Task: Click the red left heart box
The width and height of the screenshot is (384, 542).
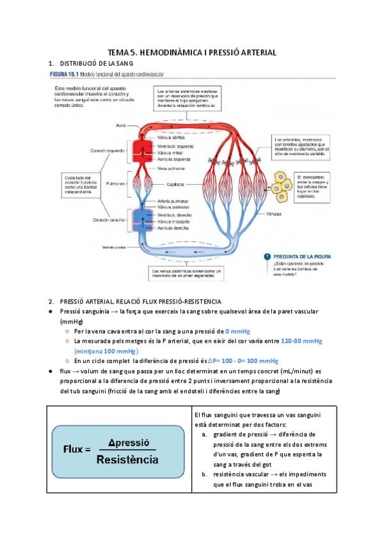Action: tap(139, 151)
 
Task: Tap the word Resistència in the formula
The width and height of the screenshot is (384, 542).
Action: tap(128, 458)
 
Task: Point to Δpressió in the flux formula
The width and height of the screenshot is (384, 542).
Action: tap(129, 442)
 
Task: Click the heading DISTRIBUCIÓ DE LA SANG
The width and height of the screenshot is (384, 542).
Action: tap(96, 64)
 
